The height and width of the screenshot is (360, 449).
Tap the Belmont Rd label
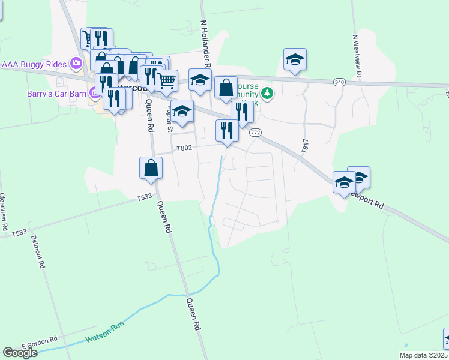41,254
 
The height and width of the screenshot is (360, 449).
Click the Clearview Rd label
3,212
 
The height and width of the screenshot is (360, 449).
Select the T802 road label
184,148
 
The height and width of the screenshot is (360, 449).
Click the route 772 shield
255,133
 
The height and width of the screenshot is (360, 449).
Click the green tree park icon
267,93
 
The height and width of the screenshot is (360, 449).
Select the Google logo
20,353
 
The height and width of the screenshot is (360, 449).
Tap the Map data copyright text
423,355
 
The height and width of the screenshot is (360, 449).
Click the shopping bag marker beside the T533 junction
151,169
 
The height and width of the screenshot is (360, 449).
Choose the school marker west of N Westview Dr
295,60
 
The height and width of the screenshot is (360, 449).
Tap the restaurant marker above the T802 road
227,131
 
